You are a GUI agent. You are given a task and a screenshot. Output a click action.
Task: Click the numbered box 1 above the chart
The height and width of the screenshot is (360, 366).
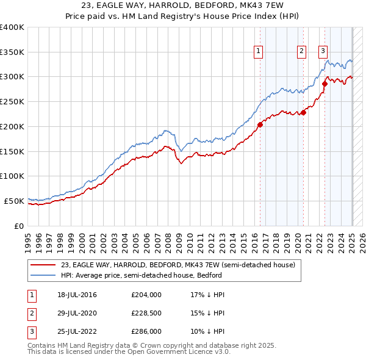(259, 52)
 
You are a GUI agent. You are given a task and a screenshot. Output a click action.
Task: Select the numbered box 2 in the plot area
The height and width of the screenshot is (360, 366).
(301, 52)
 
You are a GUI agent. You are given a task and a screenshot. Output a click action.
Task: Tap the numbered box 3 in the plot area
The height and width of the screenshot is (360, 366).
(323, 52)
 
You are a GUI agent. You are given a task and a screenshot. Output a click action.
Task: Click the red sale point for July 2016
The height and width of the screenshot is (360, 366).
(260, 124)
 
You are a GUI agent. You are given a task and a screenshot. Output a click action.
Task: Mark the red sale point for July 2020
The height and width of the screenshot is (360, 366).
(304, 112)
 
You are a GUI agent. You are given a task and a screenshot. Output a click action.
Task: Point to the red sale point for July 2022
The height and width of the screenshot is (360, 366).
(325, 84)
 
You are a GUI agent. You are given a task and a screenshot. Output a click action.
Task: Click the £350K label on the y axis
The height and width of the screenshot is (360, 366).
(12, 52)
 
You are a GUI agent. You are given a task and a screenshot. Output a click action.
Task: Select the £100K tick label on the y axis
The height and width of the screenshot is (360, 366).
(12, 176)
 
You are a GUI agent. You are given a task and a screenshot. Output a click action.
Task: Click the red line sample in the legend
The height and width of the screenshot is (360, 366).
(43, 265)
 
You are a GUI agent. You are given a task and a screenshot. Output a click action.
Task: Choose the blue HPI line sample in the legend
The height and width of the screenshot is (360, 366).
(43, 275)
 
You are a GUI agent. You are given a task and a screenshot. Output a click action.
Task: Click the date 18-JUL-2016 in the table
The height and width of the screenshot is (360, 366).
(77, 295)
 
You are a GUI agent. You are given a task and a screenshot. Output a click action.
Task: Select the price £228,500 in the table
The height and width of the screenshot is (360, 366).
(146, 313)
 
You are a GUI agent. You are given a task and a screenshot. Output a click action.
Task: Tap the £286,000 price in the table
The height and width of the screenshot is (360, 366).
(146, 331)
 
